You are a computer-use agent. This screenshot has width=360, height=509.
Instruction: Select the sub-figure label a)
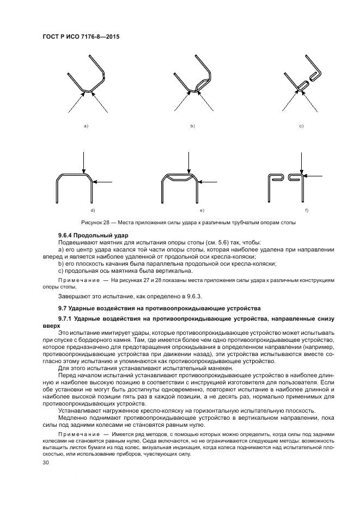86,126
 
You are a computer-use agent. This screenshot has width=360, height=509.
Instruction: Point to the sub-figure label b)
192,126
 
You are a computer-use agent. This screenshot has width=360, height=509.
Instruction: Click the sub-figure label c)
301,126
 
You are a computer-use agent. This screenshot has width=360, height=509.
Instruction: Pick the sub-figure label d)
93,210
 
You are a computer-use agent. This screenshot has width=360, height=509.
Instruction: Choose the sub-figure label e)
202,210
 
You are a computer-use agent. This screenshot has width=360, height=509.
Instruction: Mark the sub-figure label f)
307,210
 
